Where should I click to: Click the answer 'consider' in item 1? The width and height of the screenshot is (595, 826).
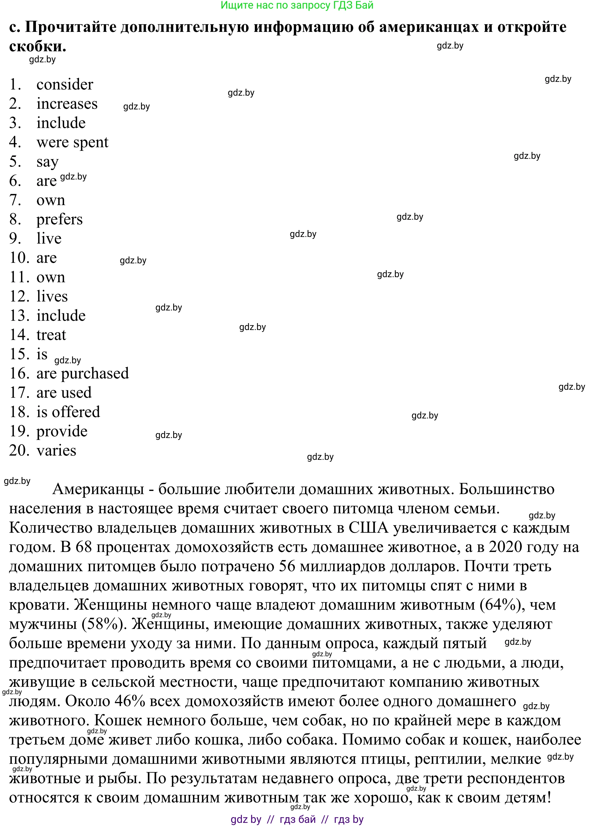(65, 84)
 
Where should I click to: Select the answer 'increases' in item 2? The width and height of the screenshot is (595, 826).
(67, 104)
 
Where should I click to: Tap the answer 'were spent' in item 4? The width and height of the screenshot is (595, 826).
(72, 142)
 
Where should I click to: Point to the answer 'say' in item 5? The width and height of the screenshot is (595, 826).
(47, 162)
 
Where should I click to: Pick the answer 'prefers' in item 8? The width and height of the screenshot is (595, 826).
(59, 219)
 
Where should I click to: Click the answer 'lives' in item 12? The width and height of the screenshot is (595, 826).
(52, 296)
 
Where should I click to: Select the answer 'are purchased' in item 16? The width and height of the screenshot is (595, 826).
(83, 373)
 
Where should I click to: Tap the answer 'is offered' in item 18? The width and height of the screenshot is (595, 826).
(68, 412)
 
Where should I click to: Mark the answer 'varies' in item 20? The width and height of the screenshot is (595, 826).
(57, 451)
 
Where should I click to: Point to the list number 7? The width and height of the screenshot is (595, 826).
(15, 200)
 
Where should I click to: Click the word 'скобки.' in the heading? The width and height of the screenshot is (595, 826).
(38, 46)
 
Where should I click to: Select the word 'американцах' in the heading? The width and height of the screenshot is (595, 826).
(429, 27)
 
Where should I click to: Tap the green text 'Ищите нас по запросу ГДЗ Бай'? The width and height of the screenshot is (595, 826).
(297, 5)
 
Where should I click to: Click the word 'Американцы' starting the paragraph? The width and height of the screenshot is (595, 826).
(98, 489)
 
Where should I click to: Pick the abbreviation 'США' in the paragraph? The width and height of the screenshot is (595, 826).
(368, 528)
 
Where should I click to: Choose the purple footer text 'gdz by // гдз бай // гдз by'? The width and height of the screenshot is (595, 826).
(297, 819)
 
